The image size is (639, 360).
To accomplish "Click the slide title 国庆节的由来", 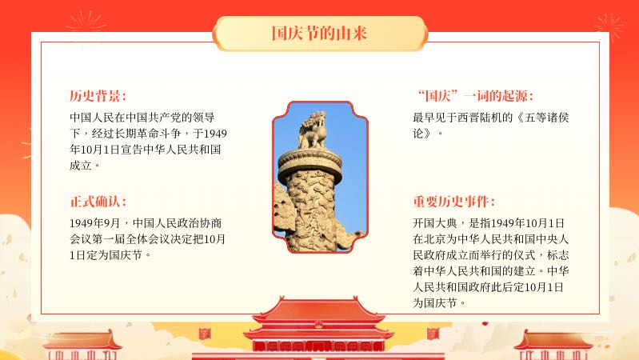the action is [x=320, y=33].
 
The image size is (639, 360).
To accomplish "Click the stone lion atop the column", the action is [x=314, y=130].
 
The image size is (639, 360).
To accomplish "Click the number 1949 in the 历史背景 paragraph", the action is [x=215, y=134].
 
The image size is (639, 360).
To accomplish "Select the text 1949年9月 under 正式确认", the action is [x=95, y=223].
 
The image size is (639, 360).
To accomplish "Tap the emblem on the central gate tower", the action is [x=318, y=325].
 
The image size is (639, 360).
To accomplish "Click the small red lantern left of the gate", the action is [x=204, y=334].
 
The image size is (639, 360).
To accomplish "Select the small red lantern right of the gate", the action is [x=433, y=334].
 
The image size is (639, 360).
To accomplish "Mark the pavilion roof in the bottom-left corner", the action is [x=82, y=340].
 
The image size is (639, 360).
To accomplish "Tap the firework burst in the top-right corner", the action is [x=609, y=27].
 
